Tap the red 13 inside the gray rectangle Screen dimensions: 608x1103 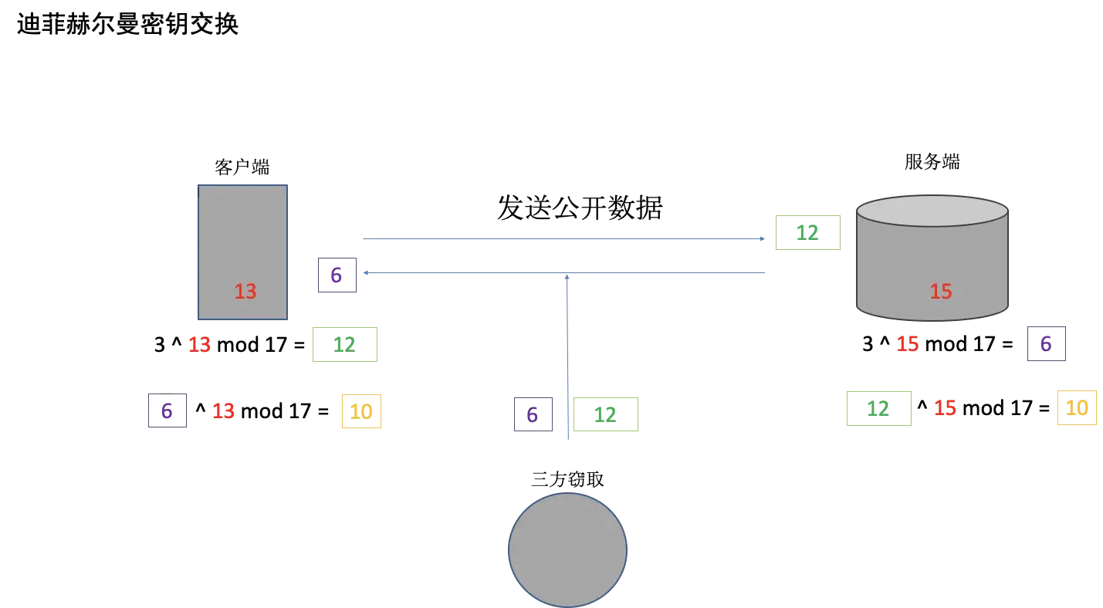coord(245,292)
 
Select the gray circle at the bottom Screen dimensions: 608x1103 coord(567,549)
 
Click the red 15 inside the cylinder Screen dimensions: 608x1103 coord(940,292)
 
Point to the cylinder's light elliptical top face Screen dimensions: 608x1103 coord(932,210)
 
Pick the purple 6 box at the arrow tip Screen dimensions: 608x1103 coord(337,275)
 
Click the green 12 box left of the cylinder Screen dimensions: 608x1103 coord(808,231)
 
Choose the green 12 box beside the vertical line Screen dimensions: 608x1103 coord(606,414)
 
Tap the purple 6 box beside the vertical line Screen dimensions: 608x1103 coord(533,414)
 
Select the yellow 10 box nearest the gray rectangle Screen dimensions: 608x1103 coord(361,410)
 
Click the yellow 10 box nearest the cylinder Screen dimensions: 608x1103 coord(1077,407)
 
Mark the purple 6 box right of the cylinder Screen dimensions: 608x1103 coord(1046,343)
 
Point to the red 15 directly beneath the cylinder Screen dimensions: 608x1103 coord(908,343)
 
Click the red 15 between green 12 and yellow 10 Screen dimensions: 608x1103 coord(945,407)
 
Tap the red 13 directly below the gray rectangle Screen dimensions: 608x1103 coord(199,344)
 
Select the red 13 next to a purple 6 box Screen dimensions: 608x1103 coord(223,411)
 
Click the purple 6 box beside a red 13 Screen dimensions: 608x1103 coord(169,410)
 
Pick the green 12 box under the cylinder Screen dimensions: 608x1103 coord(879,407)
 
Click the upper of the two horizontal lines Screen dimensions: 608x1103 coord(560,238)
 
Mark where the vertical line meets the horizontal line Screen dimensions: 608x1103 coord(567,275)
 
